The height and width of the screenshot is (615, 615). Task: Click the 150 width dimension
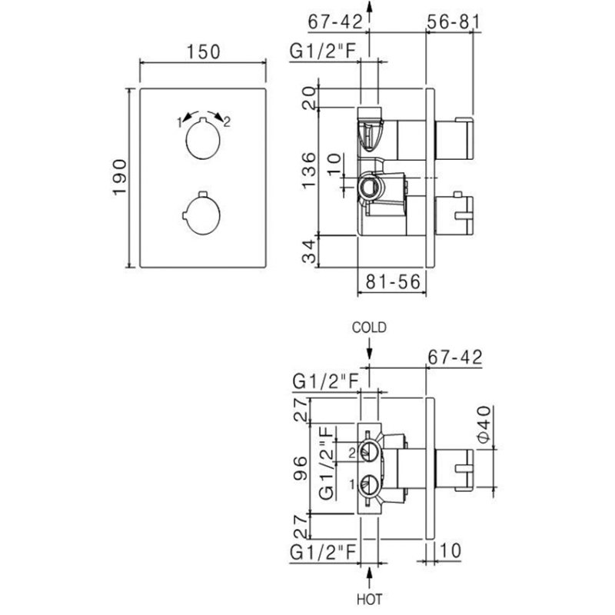pyautogui.click(x=203, y=52)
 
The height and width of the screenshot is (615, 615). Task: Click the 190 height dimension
pyautogui.click(x=119, y=177)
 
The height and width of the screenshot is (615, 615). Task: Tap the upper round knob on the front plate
pyautogui.click(x=203, y=139)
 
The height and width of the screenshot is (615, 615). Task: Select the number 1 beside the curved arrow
pyautogui.click(x=180, y=122)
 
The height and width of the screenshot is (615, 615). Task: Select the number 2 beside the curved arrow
pyautogui.click(x=227, y=121)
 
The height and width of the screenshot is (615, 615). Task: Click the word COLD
pyautogui.click(x=369, y=327)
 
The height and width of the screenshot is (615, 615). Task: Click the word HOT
pyautogui.click(x=369, y=599)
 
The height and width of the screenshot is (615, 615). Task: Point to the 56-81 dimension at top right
pyautogui.click(x=453, y=22)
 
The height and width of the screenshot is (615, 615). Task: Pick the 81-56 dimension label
pyautogui.click(x=393, y=281)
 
